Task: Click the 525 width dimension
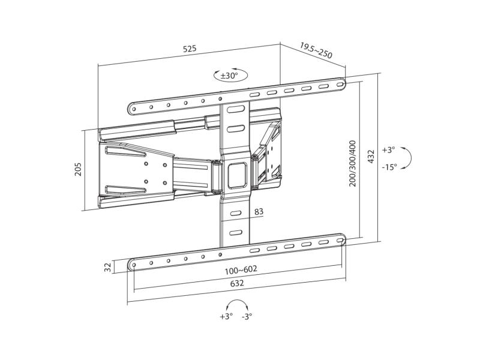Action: click(x=190, y=49)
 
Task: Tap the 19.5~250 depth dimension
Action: click(x=316, y=50)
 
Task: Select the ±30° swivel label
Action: click(x=229, y=76)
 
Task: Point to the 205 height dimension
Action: click(x=79, y=169)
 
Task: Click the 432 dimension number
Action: click(x=371, y=157)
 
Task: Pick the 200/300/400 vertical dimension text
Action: click(x=352, y=163)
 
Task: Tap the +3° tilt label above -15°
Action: click(x=388, y=150)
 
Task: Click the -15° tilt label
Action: click(x=389, y=167)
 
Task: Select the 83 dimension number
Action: click(x=259, y=212)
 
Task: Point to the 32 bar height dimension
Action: click(x=107, y=268)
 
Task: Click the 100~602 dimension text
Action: click(x=241, y=271)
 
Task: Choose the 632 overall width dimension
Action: click(x=237, y=283)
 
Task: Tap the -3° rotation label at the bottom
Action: click(x=247, y=316)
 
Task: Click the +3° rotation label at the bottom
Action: click(x=226, y=316)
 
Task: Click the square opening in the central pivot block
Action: click(x=237, y=175)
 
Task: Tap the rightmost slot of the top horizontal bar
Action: click(x=340, y=84)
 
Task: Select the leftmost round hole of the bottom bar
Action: click(x=134, y=265)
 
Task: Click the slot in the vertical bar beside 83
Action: click(x=236, y=214)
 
